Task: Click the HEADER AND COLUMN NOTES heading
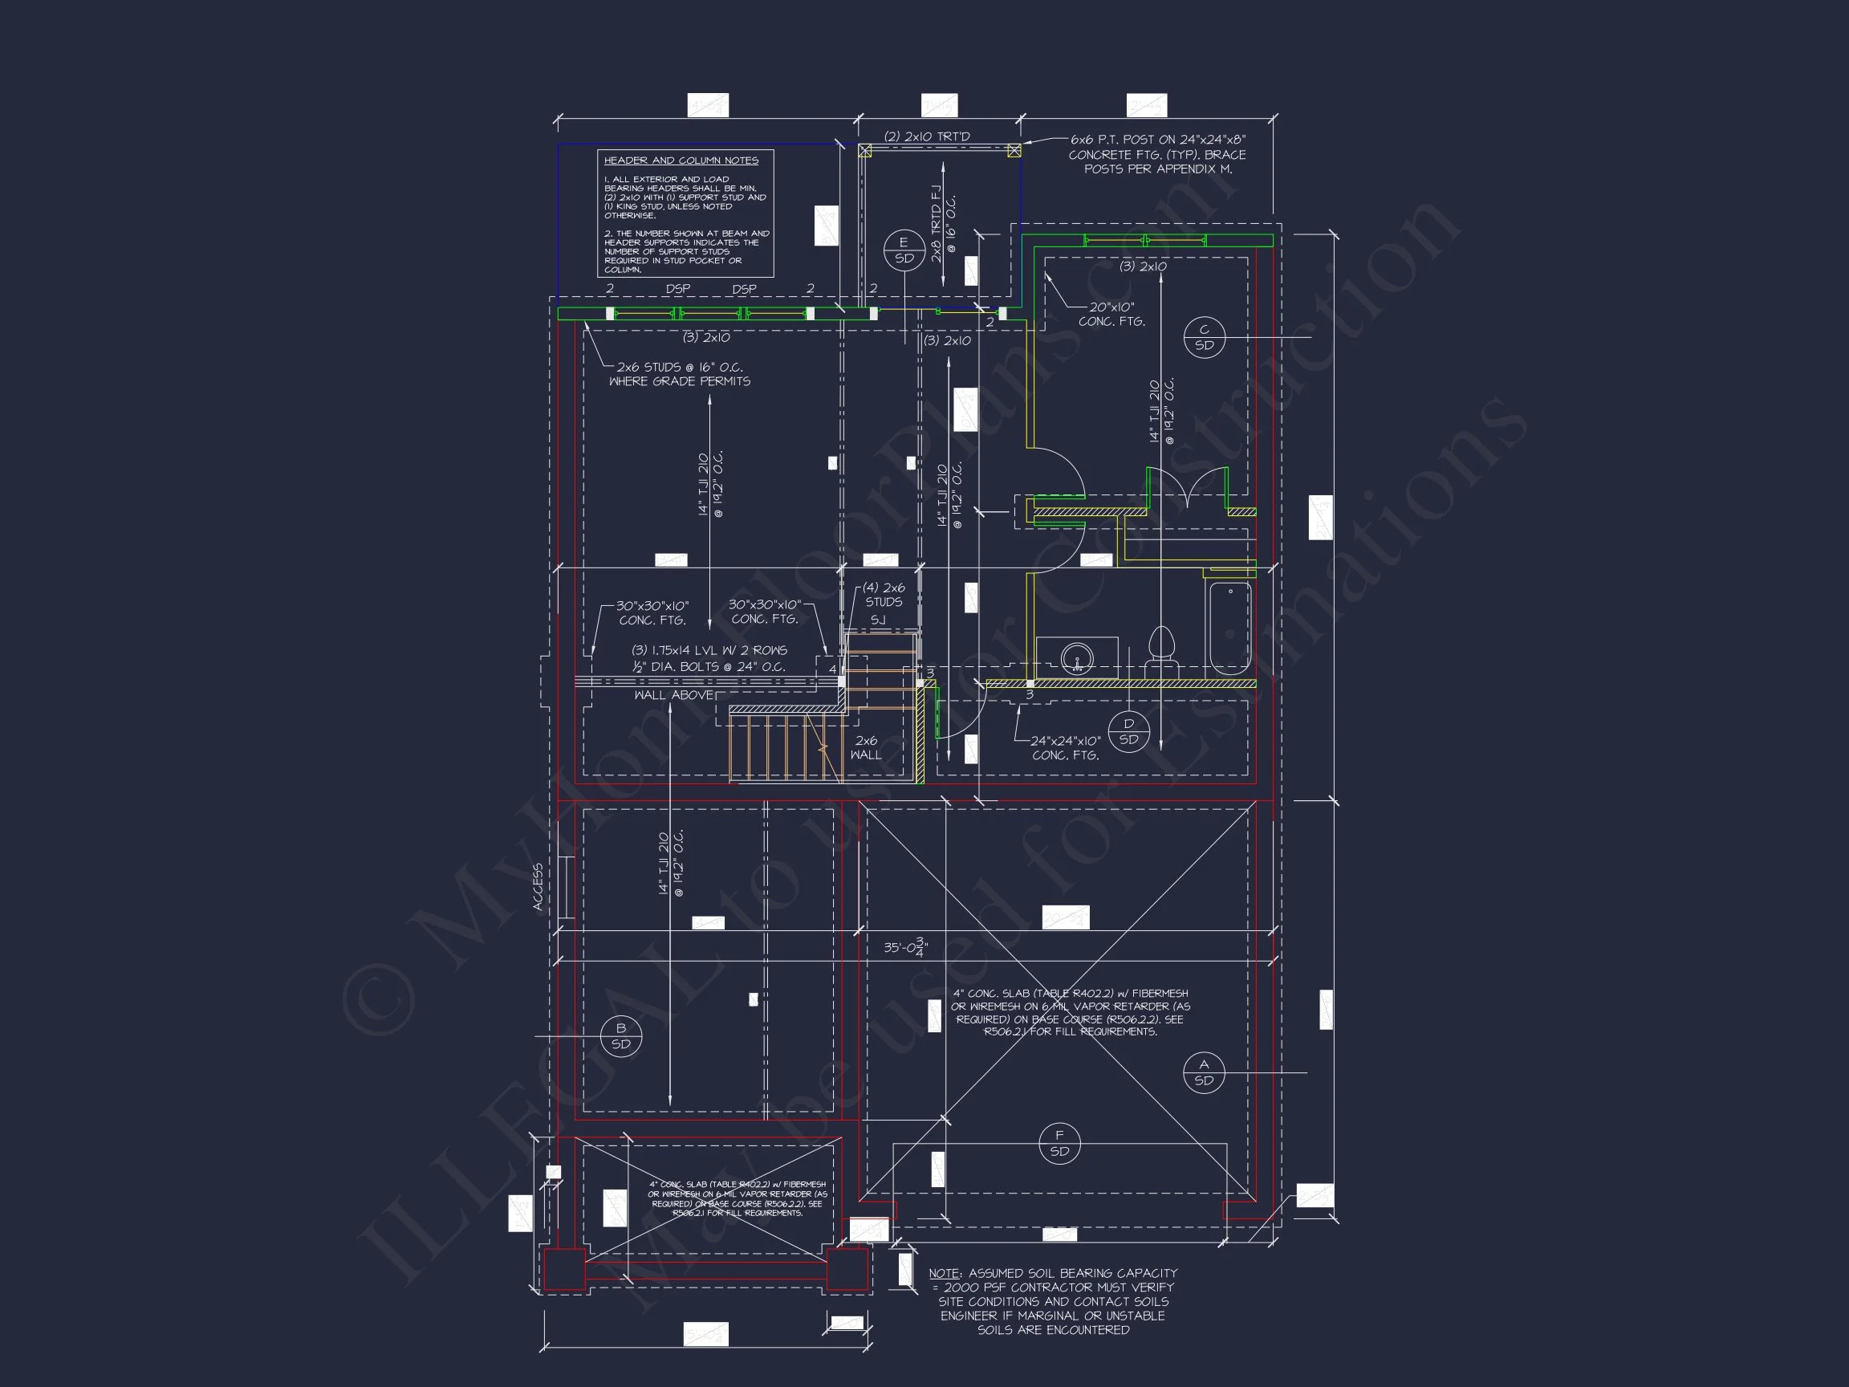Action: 681,161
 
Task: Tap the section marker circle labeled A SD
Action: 1204,1072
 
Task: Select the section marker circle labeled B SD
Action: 620,1037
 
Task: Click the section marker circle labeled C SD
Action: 1204,338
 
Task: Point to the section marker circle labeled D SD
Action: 1128,732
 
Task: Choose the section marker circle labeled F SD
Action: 1059,1144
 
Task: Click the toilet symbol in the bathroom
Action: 1161,653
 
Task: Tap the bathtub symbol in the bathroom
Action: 1229,628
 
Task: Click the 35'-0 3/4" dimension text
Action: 905,948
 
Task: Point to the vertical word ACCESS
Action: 538,886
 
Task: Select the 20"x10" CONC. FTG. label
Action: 1111,315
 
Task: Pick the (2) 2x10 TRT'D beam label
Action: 926,137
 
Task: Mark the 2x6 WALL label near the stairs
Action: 866,747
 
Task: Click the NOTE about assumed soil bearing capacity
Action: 1052,1301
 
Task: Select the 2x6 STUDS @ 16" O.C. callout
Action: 679,374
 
